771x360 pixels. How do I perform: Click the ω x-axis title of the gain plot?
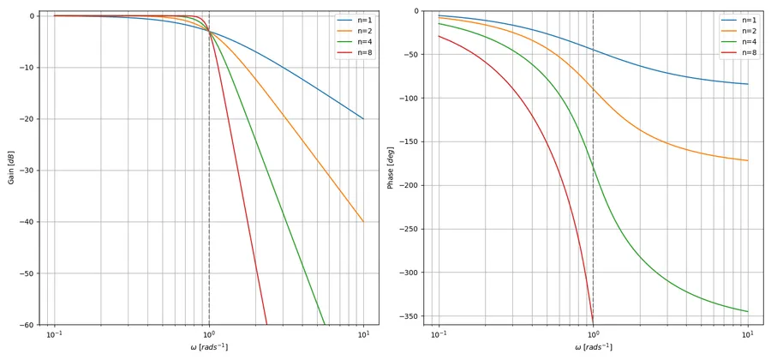pos(209,347)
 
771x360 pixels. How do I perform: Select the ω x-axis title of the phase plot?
pos(593,347)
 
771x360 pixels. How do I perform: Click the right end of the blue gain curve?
pos(363,118)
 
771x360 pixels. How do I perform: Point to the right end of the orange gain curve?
pos(363,222)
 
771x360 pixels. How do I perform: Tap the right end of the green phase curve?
pos(748,311)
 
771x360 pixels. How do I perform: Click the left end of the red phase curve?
pos(439,35)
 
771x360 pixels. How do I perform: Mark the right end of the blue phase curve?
pos(748,84)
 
